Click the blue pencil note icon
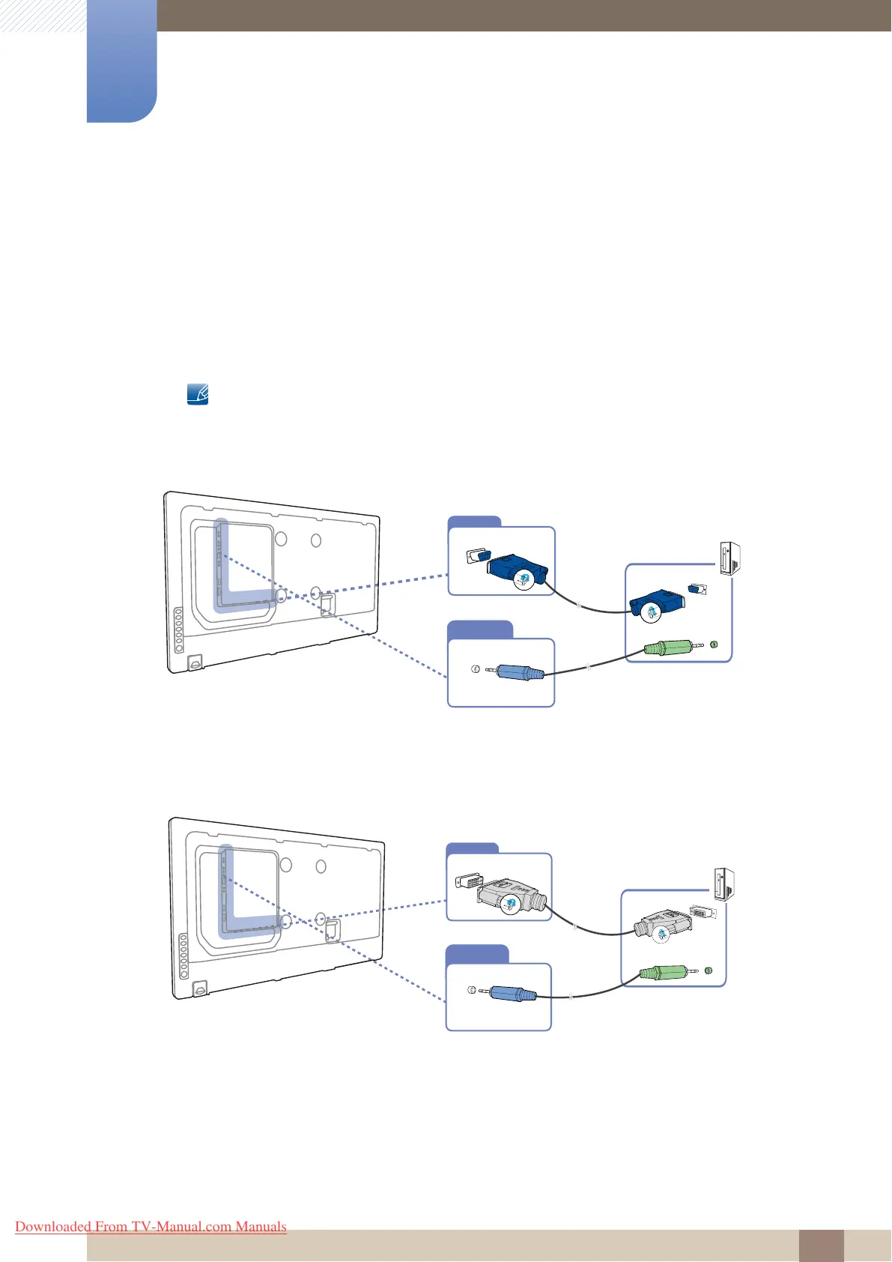[198, 394]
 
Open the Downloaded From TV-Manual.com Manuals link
[151, 1227]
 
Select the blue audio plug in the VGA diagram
[518, 671]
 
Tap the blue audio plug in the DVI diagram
[514, 994]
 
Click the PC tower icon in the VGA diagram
[729, 558]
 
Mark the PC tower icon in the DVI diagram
[724, 884]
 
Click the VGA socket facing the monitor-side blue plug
[476, 556]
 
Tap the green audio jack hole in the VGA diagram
[714, 644]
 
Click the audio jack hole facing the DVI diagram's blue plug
[471, 991]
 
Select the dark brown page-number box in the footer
[821, 1246]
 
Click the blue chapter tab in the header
[121, 61]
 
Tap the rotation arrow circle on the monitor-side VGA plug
[524, 578]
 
